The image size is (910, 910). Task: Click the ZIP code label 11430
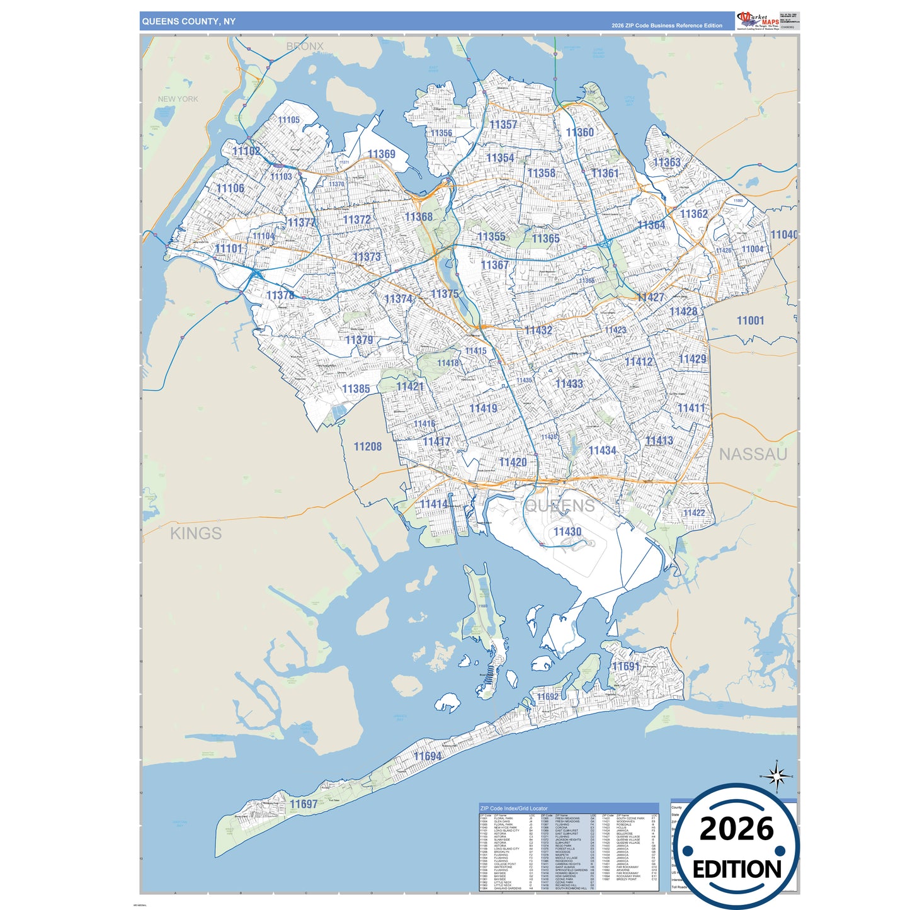coord(567,532)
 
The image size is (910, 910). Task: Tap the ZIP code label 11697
coord(304,804)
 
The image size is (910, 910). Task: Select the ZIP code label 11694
coord(428,756)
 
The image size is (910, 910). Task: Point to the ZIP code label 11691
coord(625,666)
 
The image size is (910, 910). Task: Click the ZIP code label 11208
coord(368,446)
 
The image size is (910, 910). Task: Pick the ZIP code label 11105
coord(289,120)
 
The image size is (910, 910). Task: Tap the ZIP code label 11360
coord(579,132)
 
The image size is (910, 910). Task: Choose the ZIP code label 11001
coord(750,321)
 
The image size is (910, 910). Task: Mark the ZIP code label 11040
coord(783,234)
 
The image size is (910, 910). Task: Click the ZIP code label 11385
coord(356,389)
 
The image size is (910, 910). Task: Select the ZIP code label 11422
coord(694,513)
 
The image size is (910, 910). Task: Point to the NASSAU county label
coord(753,454)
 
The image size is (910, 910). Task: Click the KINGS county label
coord(196,533)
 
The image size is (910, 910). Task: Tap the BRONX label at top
coord(305,46)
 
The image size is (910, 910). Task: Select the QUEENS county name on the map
coord(560,506)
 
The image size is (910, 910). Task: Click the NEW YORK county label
coord(178,99)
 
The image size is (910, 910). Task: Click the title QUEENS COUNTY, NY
coord(189,21)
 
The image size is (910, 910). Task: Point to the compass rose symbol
coord(776,776)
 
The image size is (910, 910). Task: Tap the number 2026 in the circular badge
coord(737,829)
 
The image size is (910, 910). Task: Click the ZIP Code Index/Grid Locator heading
coord(514,808)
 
